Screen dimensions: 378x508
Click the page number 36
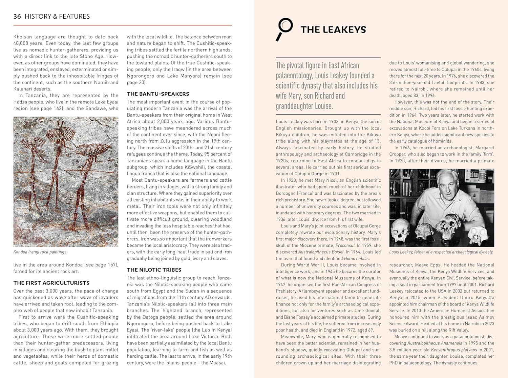tap(17, 17)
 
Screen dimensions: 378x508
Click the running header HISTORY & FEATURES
tap(57, 17)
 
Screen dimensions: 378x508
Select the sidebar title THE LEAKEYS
tap(333, 30)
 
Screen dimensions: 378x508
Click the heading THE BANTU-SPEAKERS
tap(158, 94)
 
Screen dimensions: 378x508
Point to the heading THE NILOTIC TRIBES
tap(154, 270)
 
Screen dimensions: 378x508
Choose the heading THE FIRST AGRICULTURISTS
tap(51, 283)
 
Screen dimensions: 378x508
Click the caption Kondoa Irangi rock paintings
tap(40, 252)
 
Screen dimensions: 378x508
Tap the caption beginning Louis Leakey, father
tap(441, 252)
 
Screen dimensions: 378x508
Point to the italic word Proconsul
tap(345, 245)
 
